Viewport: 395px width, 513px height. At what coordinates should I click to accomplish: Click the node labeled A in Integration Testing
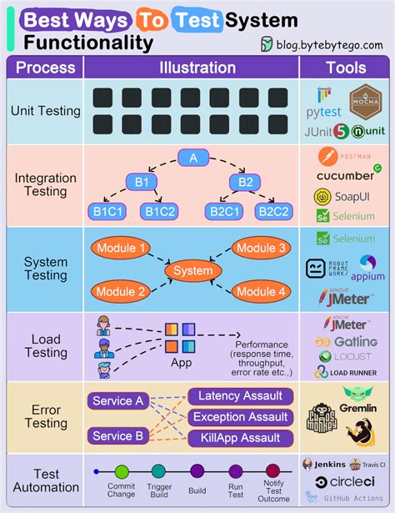(193, 158)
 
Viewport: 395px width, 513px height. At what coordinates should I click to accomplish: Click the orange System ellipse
(193, 271)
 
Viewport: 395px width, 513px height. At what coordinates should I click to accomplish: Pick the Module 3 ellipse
(261, 249)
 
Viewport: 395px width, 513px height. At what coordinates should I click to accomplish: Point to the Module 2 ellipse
(122, 291)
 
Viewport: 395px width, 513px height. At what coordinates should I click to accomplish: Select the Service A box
(117, 400)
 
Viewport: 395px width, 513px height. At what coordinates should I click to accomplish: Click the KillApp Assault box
(240, 438)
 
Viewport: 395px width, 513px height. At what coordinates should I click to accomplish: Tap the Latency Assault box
(240, 396)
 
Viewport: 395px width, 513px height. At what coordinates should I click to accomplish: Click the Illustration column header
(197, 68)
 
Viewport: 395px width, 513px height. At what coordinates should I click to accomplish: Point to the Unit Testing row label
(45, 111)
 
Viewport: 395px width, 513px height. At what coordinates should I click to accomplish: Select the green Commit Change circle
(122, 471)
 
